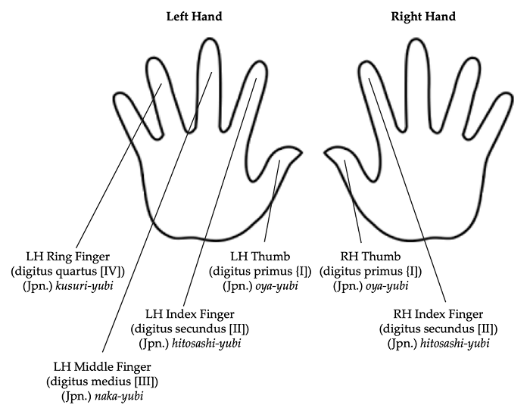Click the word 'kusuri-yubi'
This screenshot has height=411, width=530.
click(86, 285)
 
